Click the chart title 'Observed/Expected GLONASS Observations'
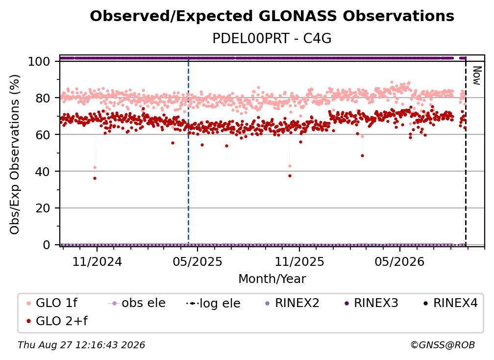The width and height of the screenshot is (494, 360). click(x=272, y=16)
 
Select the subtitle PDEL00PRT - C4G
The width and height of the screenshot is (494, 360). click(x=272, y=39)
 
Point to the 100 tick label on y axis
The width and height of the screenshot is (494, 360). click(x=39, y=61)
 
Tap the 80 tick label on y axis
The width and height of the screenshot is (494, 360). click(x=43, y=98)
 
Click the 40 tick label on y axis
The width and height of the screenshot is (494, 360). click(x=43, y=172)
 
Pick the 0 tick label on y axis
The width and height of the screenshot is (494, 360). click(x=47, y=245)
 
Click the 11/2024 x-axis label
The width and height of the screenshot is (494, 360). click(x=97, y=262)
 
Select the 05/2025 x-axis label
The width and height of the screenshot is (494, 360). click(x=198, y=262)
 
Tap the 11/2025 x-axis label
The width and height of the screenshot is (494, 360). click(x=299, y=262)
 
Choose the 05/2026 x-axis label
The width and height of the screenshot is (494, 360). click(x=400, y=262)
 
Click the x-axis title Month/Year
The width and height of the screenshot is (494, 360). click(x=272, y=279)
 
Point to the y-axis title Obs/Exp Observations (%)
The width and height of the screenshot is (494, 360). click(x=15, y=154)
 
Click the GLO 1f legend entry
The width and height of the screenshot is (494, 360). click(x=52, y=303)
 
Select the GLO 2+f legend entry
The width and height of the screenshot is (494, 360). click(x=57, y=321)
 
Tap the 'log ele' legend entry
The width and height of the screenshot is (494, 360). click(x=213, y=304)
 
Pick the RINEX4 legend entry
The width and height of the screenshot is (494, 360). click(x=450, y=303)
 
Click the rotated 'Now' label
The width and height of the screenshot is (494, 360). click(x=477, y=76)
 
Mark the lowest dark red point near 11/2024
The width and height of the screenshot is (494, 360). click(x=95, y=179)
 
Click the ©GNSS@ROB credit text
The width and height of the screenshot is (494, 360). click(x=443, y=345)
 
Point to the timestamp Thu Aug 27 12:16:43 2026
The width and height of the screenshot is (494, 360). click(x=81, y=345)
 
